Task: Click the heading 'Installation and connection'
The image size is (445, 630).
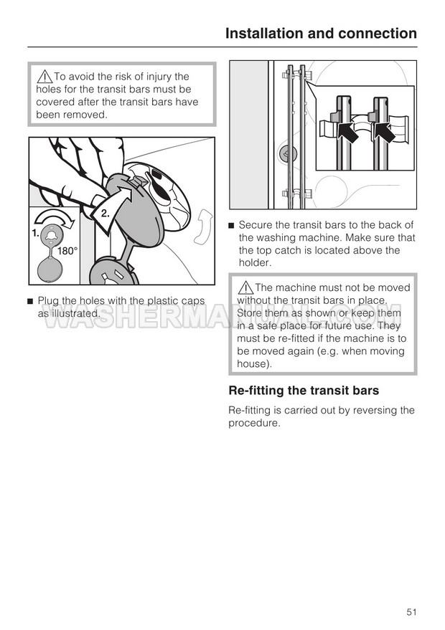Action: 321,33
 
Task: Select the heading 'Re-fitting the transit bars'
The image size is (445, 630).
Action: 304,391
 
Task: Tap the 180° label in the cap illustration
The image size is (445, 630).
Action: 67,252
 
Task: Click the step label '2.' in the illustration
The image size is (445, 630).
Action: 106,213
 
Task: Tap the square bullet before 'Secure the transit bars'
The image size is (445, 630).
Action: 231,226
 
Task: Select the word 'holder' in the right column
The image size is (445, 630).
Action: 254,263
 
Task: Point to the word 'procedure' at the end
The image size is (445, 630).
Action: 253,423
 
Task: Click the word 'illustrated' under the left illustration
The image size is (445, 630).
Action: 73,313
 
